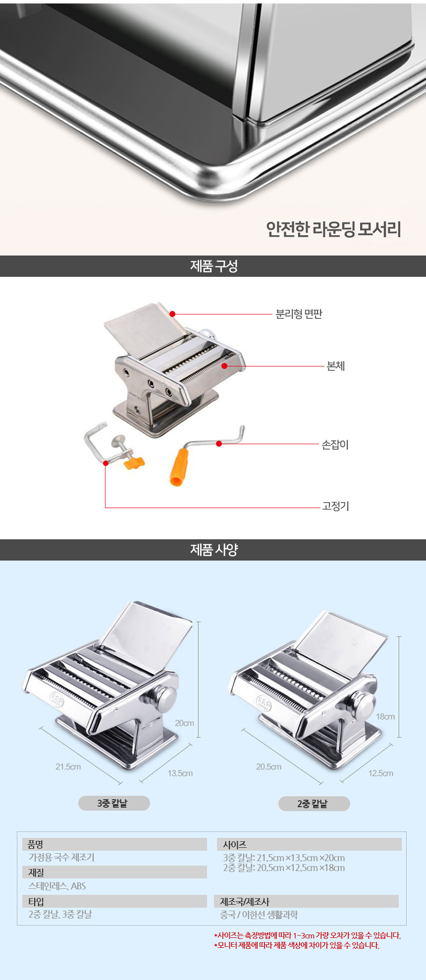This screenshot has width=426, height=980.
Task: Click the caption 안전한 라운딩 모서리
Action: coord(333,229)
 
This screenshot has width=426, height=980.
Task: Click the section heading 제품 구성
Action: coord(213,266)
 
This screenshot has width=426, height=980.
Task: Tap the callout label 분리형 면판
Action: coord(299,314)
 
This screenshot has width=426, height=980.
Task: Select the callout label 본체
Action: coord(335,366)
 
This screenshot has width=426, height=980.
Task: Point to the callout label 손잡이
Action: coord(335,445)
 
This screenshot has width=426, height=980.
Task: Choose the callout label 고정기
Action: coord(335,506)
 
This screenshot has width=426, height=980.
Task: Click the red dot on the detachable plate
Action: coord(172,313)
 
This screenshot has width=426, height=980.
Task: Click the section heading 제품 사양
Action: coord(213,549)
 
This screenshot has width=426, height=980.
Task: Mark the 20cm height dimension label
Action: coord(184,723)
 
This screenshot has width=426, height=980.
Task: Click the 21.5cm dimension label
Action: coord(68,767)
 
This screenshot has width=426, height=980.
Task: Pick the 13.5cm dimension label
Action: coord(180,773)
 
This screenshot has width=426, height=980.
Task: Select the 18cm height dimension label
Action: coord(385,717)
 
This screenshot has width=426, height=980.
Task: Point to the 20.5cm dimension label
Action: coord(268,767)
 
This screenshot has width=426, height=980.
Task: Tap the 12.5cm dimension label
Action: coord(380,773)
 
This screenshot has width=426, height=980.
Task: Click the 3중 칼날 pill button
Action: coord(114,803)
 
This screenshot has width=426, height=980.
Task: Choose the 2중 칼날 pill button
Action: coord(314,804)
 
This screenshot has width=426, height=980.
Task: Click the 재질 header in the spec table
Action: coord(36,873)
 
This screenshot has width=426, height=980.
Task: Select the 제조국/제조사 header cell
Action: coord(245,901)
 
